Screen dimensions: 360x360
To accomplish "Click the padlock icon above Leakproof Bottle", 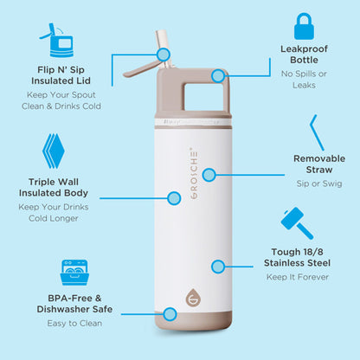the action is coord(304,26).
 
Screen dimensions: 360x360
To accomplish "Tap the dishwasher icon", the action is coord(74,273).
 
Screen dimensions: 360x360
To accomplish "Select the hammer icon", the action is coord(297,223).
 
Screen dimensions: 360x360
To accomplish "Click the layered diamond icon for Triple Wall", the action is coord(54,151).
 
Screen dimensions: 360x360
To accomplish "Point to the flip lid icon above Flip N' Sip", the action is coord(57,40).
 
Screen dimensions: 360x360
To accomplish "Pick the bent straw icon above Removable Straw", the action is coord(317,132).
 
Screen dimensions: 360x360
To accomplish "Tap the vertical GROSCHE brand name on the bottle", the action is coord(194,173).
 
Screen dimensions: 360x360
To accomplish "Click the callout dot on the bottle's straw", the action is coord(164,55).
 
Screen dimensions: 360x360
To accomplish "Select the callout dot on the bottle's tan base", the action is coord(170,314).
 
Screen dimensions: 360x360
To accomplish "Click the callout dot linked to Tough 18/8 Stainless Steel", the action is coord(218,267).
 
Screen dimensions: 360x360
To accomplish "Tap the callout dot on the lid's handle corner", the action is coord(218,76).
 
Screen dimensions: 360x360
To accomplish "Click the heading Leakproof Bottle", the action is coord(304,55).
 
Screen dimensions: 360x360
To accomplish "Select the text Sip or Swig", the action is coord(319,183).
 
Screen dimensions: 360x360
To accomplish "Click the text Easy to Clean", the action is coord(74,324).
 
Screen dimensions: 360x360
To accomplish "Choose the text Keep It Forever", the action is coord(298,277).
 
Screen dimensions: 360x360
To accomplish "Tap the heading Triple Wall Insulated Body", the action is coord(54,187).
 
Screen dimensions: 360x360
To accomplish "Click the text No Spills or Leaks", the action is coord(304,80).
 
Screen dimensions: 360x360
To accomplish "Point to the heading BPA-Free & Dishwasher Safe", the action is coord(74,304).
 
